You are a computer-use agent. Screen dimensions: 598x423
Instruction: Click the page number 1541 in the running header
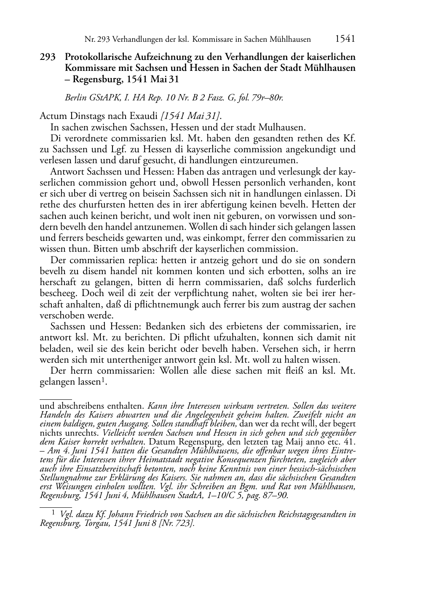click(345, 39)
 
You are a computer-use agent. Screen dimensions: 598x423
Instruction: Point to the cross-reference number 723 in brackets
click(186, 523)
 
